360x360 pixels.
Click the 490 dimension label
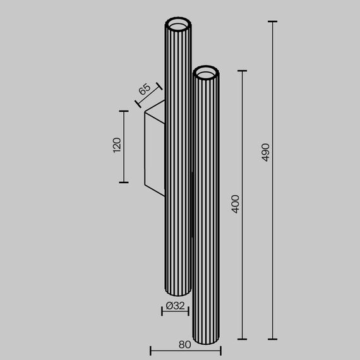[x=266, y=152]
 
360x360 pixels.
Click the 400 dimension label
[x=236, y=203]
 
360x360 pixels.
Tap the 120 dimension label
[x=116, y=146]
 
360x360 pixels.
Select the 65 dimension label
[x=144, y=89]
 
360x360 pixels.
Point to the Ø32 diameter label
[x=175, y=306]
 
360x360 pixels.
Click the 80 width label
[x=184, y=344]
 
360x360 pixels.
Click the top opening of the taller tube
[x=177, y=25]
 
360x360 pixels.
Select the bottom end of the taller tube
[x=176, y=292]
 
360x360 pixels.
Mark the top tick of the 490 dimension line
[x=273, y=22]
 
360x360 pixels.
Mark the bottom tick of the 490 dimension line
[x=273, y=339]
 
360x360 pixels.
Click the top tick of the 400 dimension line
[x=243, y=71]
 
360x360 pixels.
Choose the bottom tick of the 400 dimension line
[x=243, y=339]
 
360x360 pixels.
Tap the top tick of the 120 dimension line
[x=124, y=111]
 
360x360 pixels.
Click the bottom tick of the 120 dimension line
[x=124, y=183]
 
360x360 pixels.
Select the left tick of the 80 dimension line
[x=150, y=350]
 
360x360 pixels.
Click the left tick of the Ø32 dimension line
[x=163, y=311]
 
